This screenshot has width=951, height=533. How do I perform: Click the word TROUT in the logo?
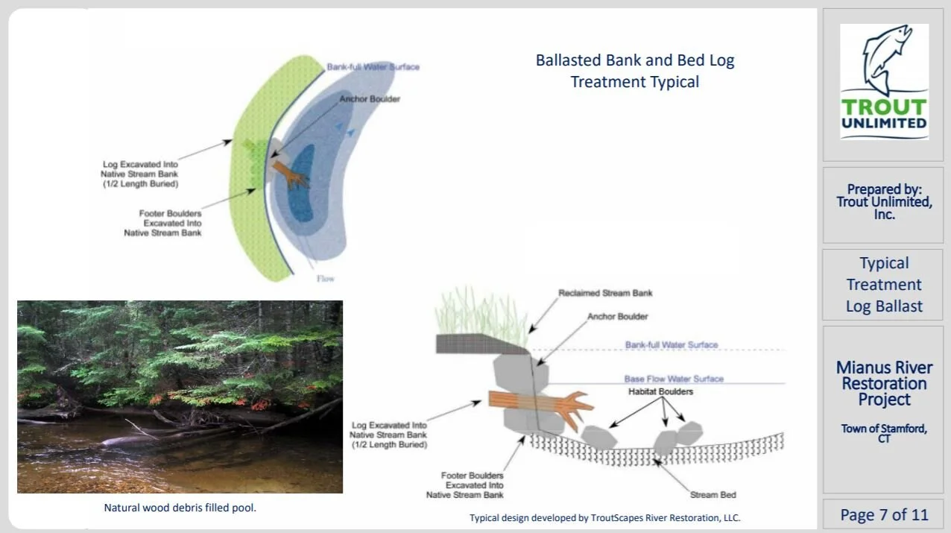click(884, 107)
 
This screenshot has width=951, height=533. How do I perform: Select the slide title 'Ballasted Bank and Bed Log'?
click(635, 60)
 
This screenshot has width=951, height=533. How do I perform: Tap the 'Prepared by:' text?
click(884, 189)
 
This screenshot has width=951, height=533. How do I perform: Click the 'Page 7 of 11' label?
click(884, 514)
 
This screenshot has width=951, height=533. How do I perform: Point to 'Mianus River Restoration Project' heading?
click(884, 383)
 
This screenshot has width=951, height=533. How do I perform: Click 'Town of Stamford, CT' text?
click(884, 432)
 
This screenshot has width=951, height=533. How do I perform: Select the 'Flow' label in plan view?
click(326, 279)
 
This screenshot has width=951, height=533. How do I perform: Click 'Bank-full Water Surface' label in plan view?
click(373, 67)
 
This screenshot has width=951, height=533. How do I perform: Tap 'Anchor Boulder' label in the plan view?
click(370, 99)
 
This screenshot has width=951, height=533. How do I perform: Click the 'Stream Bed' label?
click(713, 495)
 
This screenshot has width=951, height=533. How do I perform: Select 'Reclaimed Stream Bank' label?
click(605, 293)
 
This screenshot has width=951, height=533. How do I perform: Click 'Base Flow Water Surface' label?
click(674, 379)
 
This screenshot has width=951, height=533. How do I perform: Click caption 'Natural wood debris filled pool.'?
click(180, 508)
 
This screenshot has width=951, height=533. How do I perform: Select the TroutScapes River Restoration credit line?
click(604, 517)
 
